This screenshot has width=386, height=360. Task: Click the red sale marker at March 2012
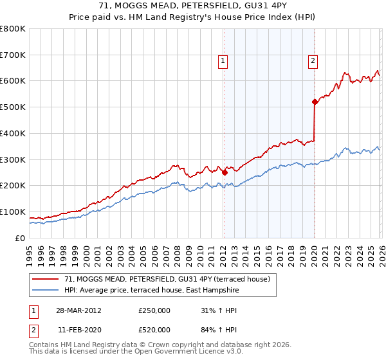click(x=225, y=172)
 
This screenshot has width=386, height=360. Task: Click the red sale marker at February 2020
click(x=315, y=102)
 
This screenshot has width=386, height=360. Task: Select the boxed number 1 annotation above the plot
click(x=223, y=61)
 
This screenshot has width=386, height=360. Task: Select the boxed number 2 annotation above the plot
click(x=313, y=61)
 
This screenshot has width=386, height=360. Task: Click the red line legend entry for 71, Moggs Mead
click(x=170, y=279)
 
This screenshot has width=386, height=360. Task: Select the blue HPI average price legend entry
click(x=151, y=291)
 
